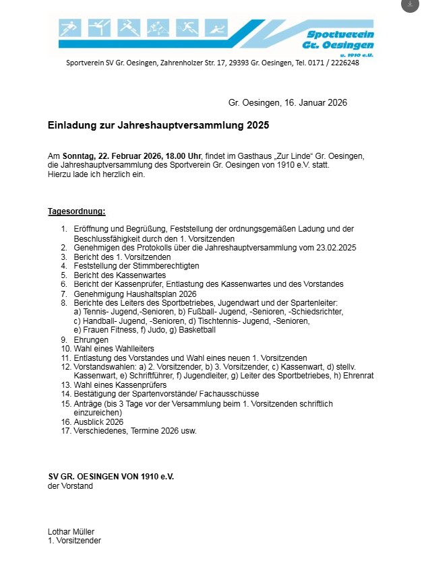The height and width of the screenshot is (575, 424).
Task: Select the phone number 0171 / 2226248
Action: [334, 63]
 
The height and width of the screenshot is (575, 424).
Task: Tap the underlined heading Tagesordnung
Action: [76, 211]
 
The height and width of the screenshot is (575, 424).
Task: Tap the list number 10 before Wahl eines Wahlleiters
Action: [65, 349]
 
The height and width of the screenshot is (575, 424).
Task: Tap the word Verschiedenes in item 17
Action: [99, 430]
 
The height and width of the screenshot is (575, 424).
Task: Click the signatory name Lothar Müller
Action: [71, 531]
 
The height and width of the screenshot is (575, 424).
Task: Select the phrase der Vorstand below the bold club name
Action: [70, 485]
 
